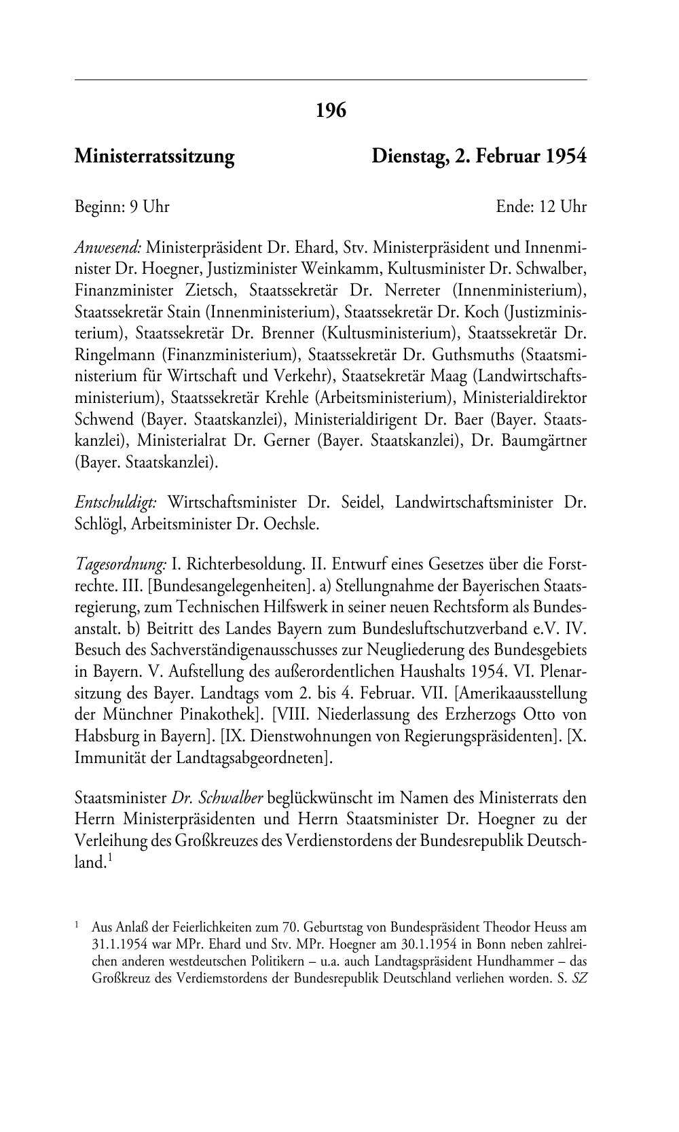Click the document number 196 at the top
(331, 109)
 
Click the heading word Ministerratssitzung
(154, 157)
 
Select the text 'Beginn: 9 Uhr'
(122, 207)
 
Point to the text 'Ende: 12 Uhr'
(541, 207)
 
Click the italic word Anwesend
(108, 247)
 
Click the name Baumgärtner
(545, 440)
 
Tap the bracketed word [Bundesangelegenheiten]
(206, 586)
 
